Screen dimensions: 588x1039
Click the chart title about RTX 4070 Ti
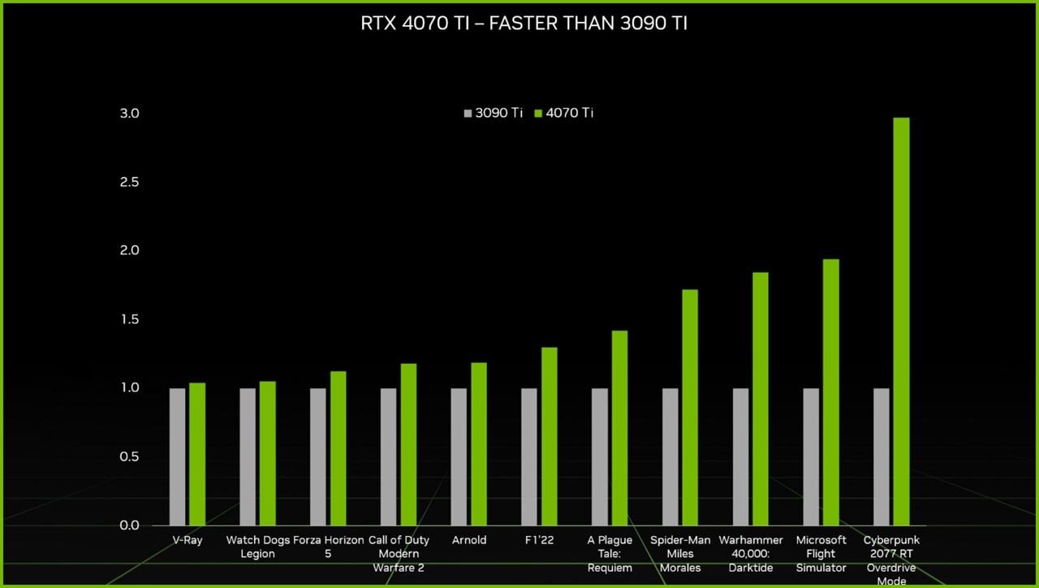524,24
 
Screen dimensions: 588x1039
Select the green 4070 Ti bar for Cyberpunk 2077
901,321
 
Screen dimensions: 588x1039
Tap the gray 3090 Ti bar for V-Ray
177,456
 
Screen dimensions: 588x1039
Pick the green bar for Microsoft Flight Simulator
830,391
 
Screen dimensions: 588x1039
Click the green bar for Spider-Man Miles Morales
690,406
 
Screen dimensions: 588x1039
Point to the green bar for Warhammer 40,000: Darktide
760,398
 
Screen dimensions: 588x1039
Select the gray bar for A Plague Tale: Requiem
600,456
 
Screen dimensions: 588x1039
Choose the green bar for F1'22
549,435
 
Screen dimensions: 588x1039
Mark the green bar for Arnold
479,443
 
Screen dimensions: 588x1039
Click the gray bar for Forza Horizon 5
318,456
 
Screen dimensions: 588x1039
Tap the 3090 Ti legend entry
493,113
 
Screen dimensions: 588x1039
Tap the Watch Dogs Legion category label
257,547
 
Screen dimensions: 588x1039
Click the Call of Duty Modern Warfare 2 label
398,553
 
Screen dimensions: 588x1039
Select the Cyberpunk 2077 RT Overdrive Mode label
890,560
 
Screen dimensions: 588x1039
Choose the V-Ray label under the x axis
188,540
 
